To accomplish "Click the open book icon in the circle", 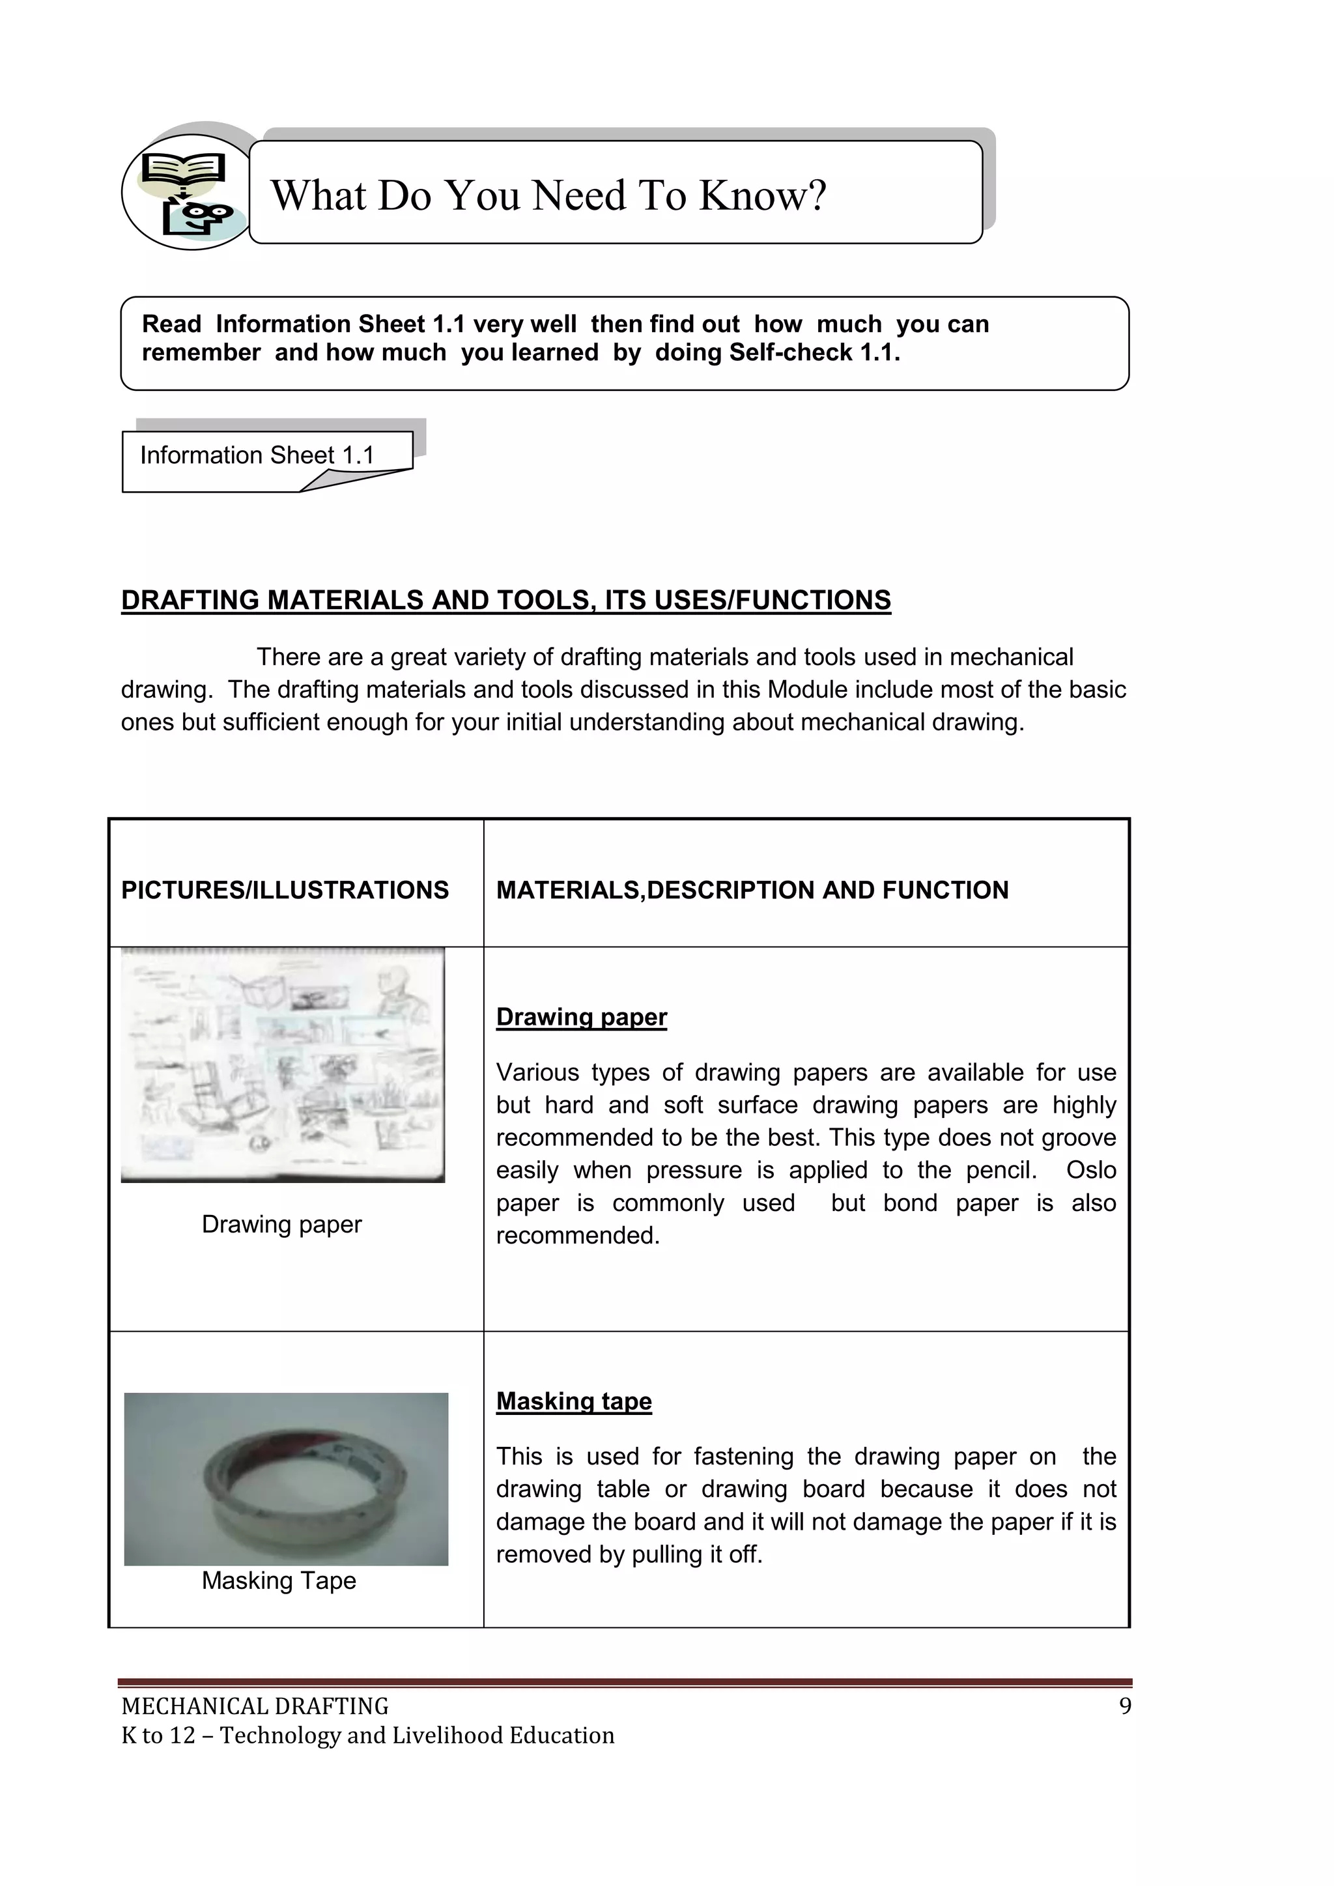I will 182,169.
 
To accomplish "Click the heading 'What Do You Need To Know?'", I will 548,195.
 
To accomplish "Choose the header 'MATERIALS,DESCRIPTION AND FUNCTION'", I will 752,890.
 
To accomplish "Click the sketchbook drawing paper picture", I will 283,1064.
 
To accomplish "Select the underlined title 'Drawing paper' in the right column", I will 581,1017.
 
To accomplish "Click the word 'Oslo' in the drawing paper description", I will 1091,1170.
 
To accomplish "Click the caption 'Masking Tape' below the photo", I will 279,1580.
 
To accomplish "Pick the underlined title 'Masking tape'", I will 573,1401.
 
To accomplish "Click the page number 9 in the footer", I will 1124,1706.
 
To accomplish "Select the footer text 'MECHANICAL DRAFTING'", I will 255,1706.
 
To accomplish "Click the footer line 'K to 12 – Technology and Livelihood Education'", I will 367,1735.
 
